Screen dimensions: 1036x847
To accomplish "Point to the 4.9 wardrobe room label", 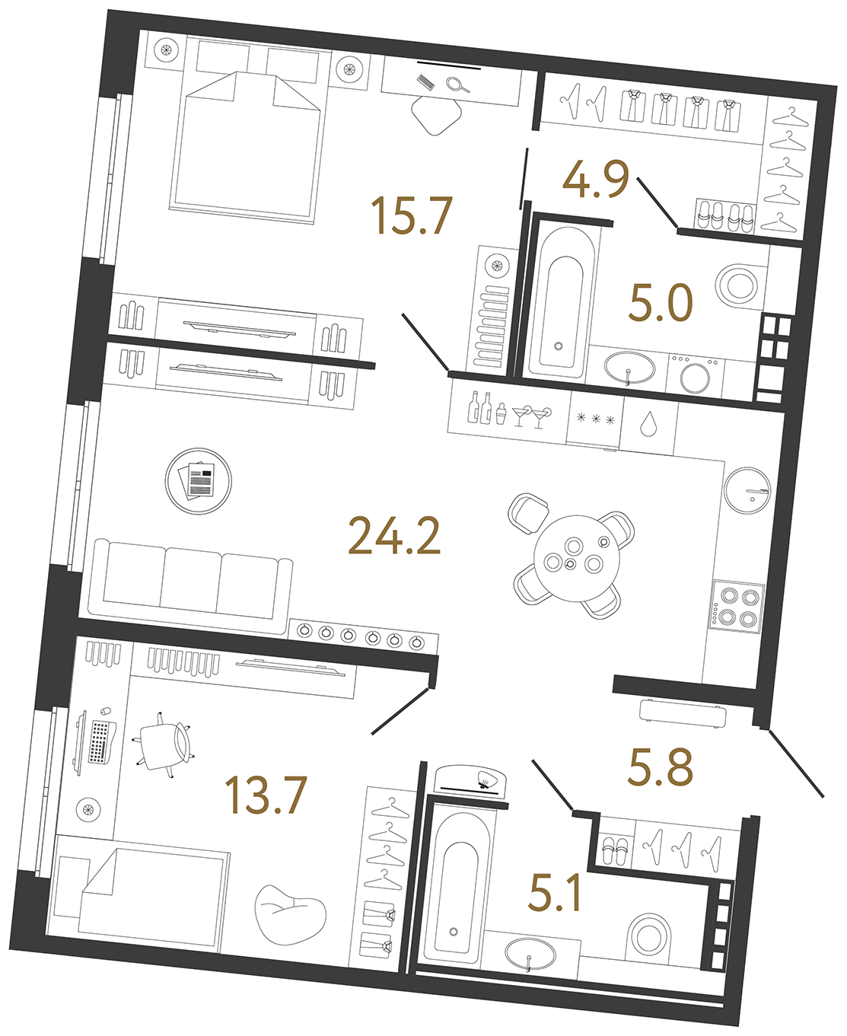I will coord(595,180).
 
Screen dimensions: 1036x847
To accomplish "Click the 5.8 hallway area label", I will coord(660,767).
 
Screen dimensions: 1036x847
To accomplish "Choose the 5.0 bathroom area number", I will coord(661,303).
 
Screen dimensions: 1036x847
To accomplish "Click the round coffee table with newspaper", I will coord(199,481).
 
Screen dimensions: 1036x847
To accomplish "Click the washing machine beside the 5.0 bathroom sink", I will coord(694,375).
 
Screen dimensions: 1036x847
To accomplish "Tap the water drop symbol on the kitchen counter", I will coord(648,424).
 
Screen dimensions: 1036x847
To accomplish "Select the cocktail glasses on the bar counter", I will coord(530,415).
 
